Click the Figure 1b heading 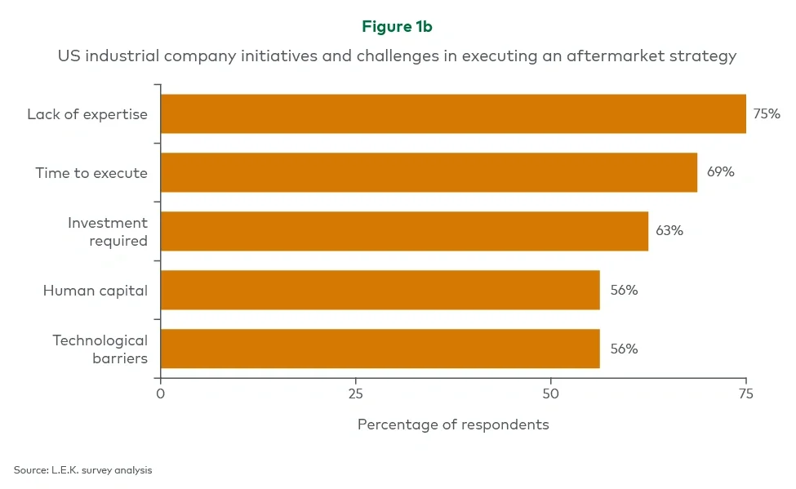397,27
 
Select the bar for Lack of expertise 453,113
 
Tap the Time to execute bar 429,172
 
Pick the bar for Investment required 404,231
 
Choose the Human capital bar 380,290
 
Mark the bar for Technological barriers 380,349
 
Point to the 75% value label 766,114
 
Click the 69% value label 720,172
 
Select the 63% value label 669,231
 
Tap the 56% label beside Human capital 624,290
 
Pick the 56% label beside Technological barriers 624,349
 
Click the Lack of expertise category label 87,114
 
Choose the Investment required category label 108,231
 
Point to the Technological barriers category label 100,349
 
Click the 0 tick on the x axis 161,394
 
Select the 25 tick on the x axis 355,394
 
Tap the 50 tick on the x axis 550,394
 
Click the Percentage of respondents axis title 453,425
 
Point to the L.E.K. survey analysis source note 82,470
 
